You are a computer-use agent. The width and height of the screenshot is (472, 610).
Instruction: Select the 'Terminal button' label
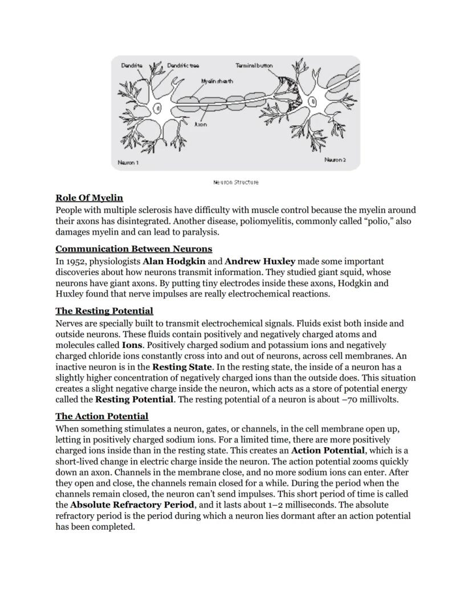point(254,65)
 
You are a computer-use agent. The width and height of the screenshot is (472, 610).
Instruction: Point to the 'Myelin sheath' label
point(217,81)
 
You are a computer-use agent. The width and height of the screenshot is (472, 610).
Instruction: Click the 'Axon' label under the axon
point(200,124)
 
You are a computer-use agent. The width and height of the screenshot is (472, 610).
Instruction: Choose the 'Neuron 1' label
point(128,162)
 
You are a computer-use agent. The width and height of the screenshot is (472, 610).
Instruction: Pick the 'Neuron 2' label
point(335,160)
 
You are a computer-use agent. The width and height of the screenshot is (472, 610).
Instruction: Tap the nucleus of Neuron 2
point(312,102)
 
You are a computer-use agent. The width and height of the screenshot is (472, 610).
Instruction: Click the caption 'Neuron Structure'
point(235,182)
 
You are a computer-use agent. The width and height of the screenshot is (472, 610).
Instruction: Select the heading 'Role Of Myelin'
point(89,198)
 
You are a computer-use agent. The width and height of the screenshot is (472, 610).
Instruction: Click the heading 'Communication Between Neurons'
point(133,249)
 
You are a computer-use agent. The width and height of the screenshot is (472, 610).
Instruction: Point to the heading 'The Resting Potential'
point(104,311)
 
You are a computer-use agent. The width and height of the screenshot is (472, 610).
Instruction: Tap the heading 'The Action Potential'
point(101,416)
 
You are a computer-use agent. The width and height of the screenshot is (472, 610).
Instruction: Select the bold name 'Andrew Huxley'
point(260,261)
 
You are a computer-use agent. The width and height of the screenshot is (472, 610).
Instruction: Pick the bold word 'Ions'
point(132,345)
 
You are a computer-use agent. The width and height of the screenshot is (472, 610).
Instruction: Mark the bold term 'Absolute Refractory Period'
point(132,505)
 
